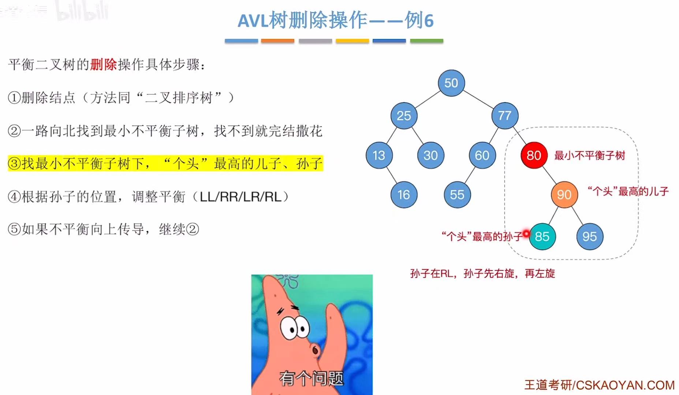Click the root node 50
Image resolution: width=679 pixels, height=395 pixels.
(x=451, y=83)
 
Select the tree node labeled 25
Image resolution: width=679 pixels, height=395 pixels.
(x=404, y=116)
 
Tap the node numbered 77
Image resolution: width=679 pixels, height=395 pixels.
(x=504, y=116)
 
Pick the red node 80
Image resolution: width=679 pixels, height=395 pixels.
(x=534, y=156)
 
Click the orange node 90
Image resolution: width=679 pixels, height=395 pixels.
(x=564, y=195)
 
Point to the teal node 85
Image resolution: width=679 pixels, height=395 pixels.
(x=542, y=236)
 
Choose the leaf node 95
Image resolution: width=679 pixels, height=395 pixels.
(x=589, y=236)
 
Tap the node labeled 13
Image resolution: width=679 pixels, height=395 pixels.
(x=379, y=156)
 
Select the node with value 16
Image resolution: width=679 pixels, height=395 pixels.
(x=404, y=195)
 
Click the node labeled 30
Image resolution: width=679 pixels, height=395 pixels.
(x=430, y=156)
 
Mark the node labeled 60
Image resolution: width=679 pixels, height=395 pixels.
(x=482, y=156)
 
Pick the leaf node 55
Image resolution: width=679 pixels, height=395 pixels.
(x=457, y=195)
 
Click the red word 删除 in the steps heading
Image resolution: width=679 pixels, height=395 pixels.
(x=104, y=65)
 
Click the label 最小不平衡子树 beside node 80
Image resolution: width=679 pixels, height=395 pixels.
(x=589, y=156)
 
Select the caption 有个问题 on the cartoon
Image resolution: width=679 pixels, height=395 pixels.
(x=311, y=378)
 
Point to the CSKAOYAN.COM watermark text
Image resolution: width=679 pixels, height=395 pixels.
(x=625, y=385)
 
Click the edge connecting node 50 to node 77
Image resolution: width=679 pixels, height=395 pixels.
(x=478, y=99)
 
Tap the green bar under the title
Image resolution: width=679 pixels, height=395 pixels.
(x=426, y=41)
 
